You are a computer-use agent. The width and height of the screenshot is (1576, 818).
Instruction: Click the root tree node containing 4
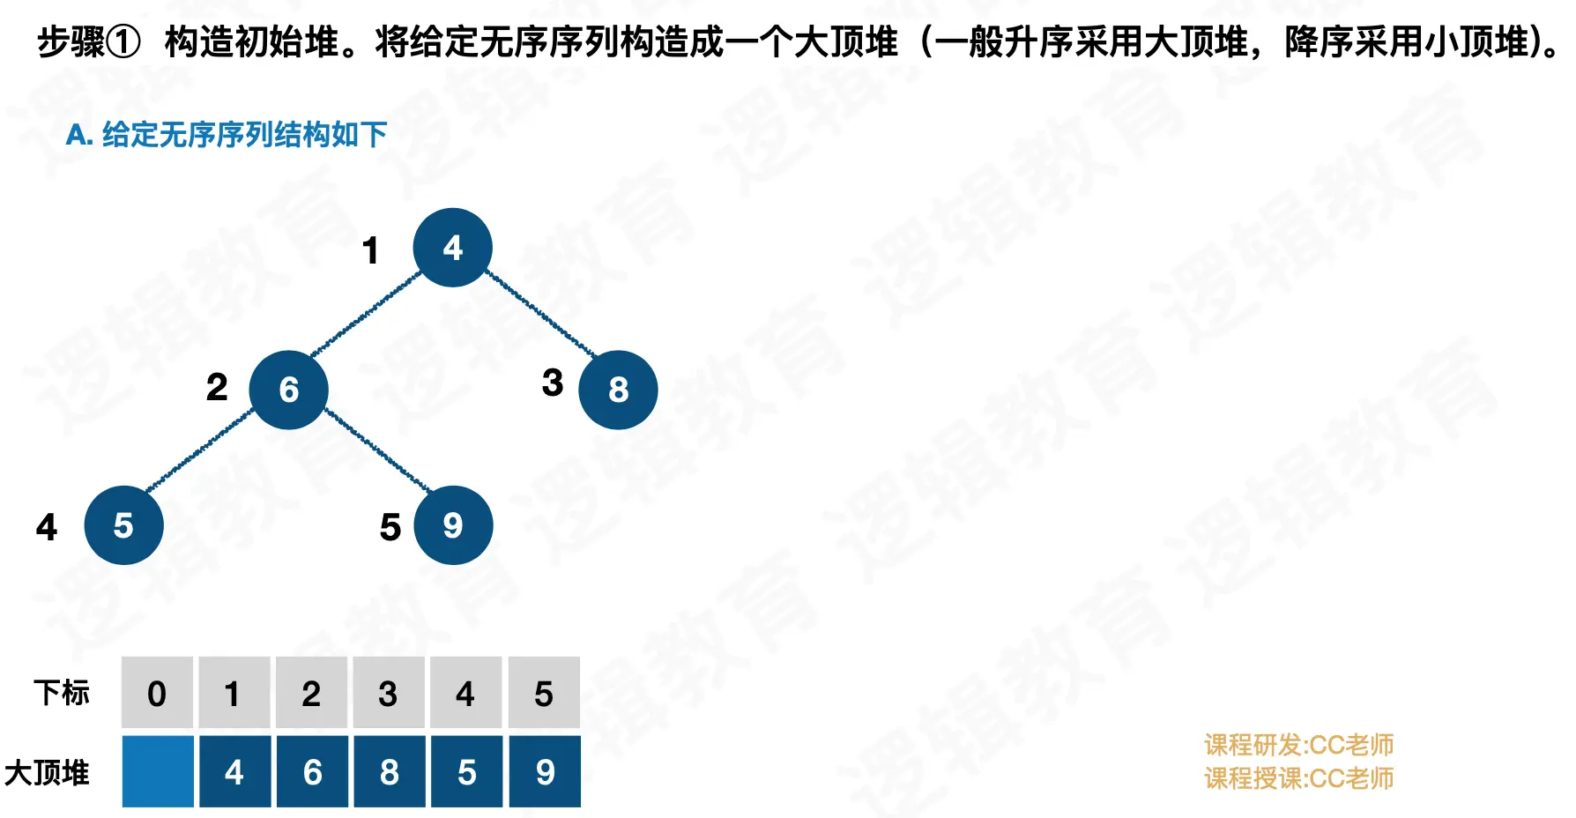452,248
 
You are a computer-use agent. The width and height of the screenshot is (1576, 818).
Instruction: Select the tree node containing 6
288,390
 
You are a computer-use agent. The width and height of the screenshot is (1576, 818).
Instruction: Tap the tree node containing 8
618,390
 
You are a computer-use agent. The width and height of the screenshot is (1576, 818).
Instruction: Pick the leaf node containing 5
123,525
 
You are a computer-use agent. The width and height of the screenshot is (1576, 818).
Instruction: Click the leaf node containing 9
453,525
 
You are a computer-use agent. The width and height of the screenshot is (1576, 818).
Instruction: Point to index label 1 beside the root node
370,251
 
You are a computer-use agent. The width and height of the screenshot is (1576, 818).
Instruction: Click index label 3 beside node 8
553,383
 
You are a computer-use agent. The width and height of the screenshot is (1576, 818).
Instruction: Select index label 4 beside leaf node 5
47,527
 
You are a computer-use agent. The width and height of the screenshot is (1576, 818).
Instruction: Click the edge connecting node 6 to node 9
376,449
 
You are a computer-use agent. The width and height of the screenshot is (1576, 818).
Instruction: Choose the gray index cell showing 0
157,694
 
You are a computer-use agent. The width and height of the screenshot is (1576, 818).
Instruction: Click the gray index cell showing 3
388,694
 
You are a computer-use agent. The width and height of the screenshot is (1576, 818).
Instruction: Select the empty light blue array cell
158,772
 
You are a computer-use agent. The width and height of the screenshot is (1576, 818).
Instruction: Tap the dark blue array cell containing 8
390,772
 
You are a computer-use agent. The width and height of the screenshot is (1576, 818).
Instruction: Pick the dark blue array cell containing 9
545,772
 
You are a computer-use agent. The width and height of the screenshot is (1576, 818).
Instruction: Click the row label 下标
62,693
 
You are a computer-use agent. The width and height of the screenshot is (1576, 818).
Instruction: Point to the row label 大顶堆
47,773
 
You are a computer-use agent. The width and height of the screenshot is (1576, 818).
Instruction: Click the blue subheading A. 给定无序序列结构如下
227,135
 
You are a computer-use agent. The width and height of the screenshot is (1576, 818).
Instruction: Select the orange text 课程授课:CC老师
1298,778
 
